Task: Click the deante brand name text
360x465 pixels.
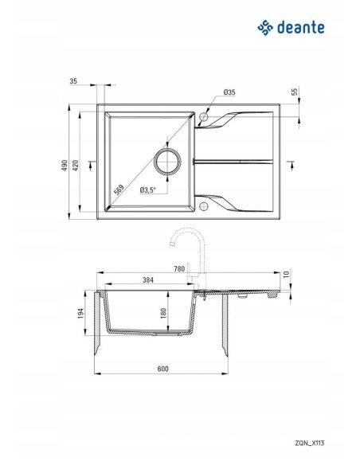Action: coord(301,28)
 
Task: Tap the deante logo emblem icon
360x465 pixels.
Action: coord(265,28)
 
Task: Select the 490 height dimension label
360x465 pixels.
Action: coord(65,165)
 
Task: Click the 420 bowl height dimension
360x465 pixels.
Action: coord(76,165)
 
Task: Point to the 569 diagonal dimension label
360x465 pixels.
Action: coord(119,190)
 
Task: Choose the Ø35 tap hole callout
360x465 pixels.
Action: coord(229,92)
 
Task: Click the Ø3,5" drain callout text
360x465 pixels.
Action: coord(147,190)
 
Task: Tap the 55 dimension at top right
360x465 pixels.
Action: coord(295,92)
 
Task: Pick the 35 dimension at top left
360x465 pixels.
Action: coord(73,81)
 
